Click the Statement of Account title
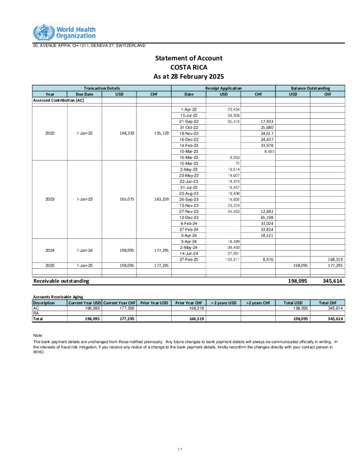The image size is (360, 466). tap(188, 58)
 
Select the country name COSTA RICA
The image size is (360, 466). tap(188, 67)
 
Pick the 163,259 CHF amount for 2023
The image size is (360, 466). tap(154, 199)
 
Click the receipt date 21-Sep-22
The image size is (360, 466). tap(189, 121)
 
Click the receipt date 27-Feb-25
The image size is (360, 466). tap(189, 259)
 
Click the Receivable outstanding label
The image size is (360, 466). tap(61, 282)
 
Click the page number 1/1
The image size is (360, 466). tap(180, 450)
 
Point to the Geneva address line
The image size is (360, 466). tap(89, 45)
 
